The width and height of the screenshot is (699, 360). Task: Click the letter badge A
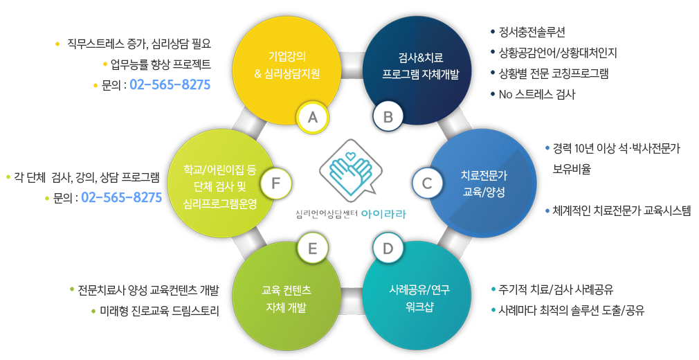click(x=313, y=117)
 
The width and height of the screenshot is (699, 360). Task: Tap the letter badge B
click(x=388, y=117)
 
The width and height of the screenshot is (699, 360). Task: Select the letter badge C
click(x=427, y=183)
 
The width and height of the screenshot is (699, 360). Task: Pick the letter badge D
click(x=388, y=249)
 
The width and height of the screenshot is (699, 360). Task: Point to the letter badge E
click(x=313, y=249)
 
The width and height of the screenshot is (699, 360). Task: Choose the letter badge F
click(x=276, y=183)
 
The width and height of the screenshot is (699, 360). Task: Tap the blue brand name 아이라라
click(x=384, y=215)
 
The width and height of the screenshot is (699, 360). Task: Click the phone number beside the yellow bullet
click(x=170, y=84)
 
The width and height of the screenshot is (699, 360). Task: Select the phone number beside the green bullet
click(x=122, y=197)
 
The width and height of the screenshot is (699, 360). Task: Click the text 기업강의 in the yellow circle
click(x=287, y=57)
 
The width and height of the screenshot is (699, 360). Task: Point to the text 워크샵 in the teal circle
click(x=419, y=307)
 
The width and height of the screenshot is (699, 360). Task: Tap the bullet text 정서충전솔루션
click(x=532, y=32)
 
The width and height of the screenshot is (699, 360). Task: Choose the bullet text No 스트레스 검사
click(x=537, y=95)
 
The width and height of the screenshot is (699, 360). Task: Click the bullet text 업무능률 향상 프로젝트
click(x=161, y=64)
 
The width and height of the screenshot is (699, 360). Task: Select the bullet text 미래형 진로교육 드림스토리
click(x=159, y=311)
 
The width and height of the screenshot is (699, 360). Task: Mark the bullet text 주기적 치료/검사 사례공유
click(x=556, y=289)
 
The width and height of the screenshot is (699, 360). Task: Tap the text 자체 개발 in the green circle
click(x=287, y=308)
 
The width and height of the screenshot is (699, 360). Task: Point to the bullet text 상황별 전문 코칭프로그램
click(x=554, y=73)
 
